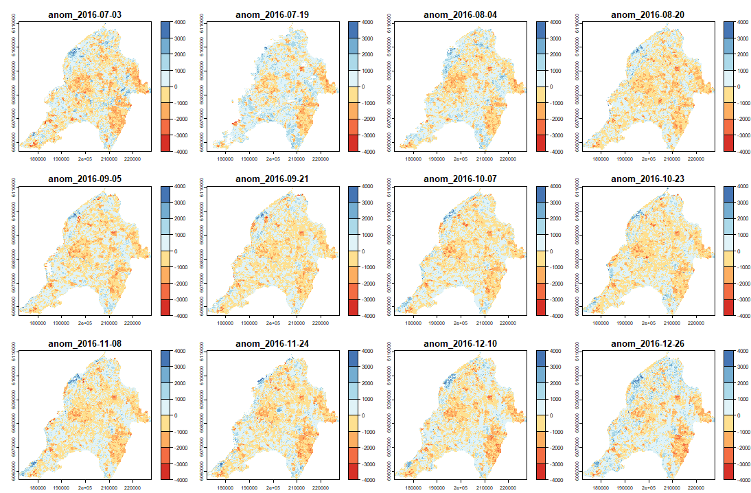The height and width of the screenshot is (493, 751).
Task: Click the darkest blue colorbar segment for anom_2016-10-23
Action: click(x=729, y=194)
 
